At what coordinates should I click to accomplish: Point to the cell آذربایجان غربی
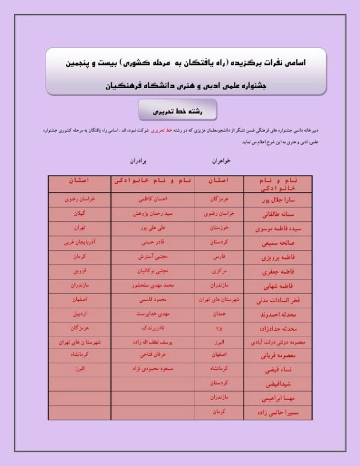(x=79, y=243)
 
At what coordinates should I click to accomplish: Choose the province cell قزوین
(x=79, y=271)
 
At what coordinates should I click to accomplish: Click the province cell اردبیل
(x=79, y=314)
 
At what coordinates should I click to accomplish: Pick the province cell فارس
(x=218, y=257)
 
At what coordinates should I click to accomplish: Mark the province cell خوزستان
(x=218, y=229)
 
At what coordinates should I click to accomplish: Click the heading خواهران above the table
(x=221, y=161)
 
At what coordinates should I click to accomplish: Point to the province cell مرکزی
(x=218, y=271)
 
